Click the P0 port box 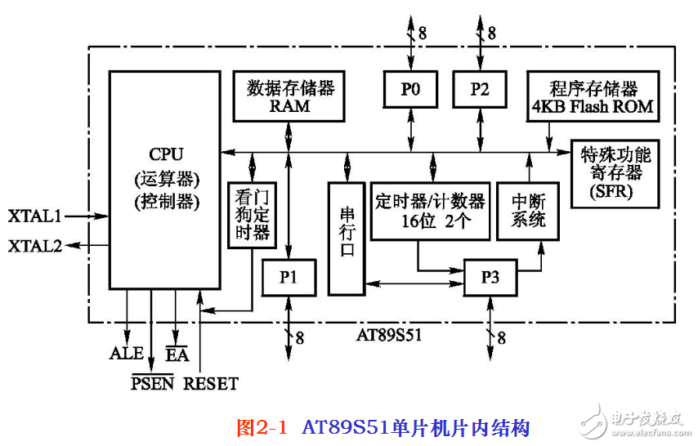tap(410, 90)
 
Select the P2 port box tap(480, 90)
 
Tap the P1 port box tap(287, 277)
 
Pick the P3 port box tap(490, 277)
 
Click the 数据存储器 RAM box tap(289, 96)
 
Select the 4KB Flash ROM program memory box tap(593, 96)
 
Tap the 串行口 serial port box tap(347, 237)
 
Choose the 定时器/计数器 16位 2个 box tap(430, 211)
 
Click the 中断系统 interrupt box tap(529, 211)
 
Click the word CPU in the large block tap(166, 154)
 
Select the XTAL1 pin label tap(35, 216)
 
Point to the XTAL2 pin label tap(35, 245)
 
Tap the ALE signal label tap(126, 354)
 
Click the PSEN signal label tap(153, 382)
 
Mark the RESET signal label tap(211, 382)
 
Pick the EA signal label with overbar tap(177, 354)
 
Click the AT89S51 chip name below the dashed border tap(389, 335)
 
